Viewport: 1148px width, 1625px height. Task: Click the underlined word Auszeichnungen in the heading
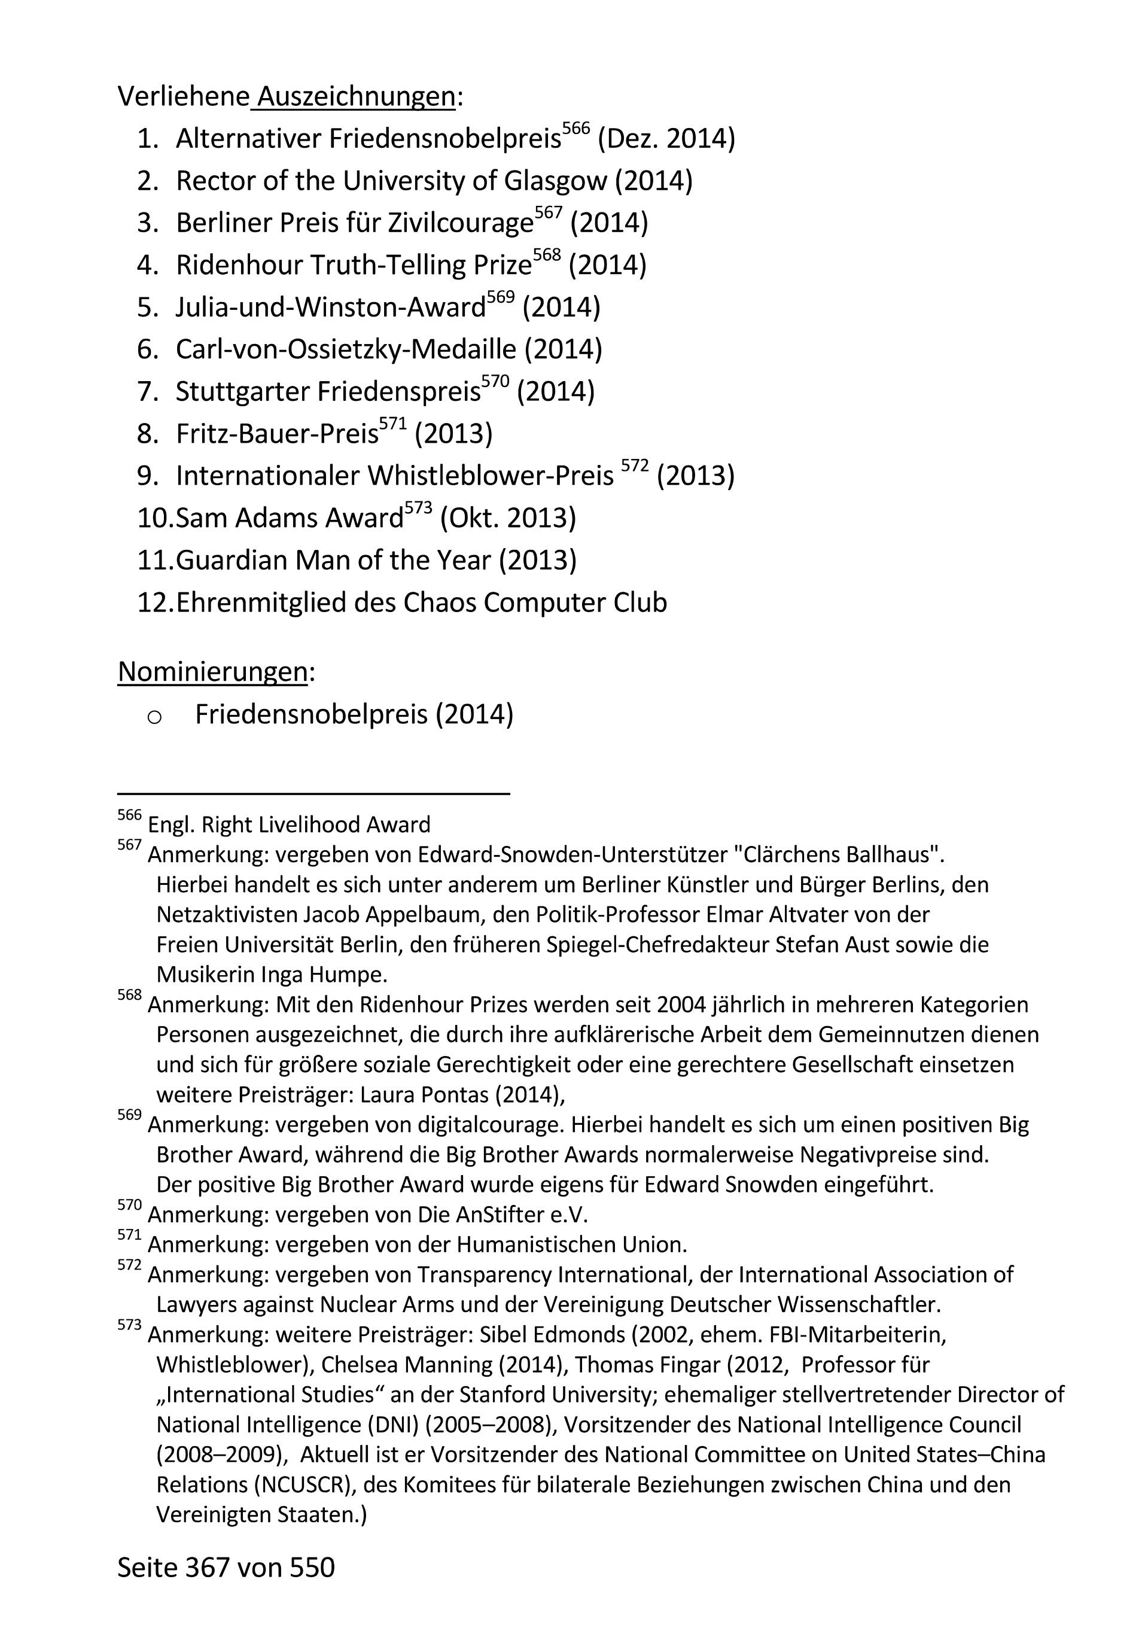356,97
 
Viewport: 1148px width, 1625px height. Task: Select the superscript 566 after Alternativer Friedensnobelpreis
575,129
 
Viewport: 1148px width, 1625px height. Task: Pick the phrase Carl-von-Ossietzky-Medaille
346,349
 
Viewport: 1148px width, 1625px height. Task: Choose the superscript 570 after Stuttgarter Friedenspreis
495,382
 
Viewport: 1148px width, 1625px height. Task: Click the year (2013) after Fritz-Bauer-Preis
453,433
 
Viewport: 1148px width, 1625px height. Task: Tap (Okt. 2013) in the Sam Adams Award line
507,518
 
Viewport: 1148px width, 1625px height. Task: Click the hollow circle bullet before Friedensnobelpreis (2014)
154,717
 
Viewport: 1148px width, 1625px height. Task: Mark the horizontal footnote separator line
313,794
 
